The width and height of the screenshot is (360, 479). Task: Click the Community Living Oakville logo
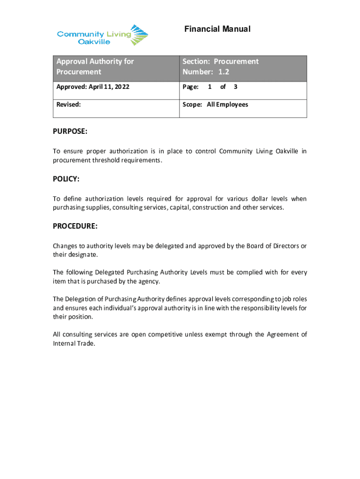point(102,35)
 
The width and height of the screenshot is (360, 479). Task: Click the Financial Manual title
point(217,29)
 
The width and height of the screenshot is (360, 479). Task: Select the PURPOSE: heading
point(70,132)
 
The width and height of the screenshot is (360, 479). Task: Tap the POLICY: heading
point(66,179)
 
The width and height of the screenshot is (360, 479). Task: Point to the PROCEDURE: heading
point(75,226)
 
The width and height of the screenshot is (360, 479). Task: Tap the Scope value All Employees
point(228,105)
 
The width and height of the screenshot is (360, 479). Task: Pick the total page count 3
point(235,87)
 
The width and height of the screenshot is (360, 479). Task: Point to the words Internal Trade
point(74,343)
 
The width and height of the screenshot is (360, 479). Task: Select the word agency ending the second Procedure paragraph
point(149,281)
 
